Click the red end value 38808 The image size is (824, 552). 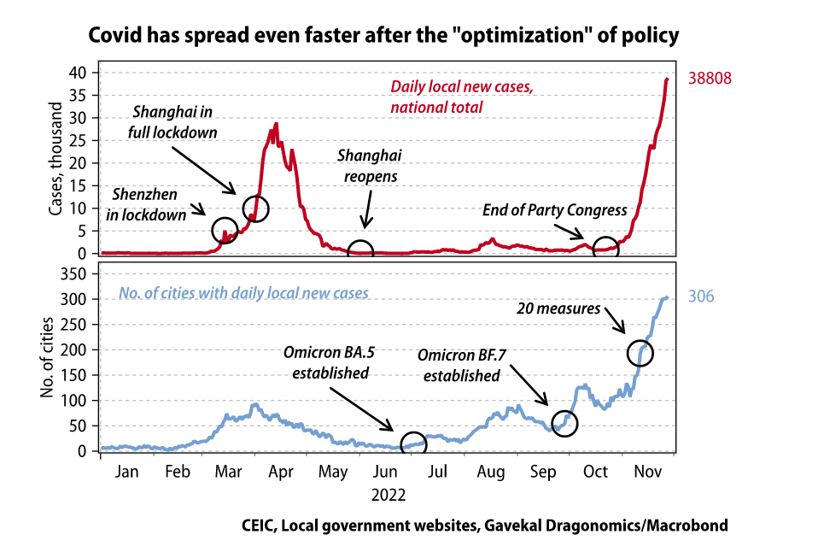click(x=710, y=79)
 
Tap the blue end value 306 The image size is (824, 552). click(x=701, y=297)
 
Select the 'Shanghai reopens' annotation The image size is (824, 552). click(x=369, y=166)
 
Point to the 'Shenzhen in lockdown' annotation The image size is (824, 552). click(x=146, y=205)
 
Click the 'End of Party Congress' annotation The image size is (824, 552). click(x=555, y=209)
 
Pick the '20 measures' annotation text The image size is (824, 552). click(x=558, y=308)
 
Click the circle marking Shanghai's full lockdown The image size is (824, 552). click(x=255, y=208)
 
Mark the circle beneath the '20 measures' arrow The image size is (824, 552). click(x=640, y=352)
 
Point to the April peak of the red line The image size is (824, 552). click(x=276, y=125)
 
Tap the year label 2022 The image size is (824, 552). click(x=389, y=494)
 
